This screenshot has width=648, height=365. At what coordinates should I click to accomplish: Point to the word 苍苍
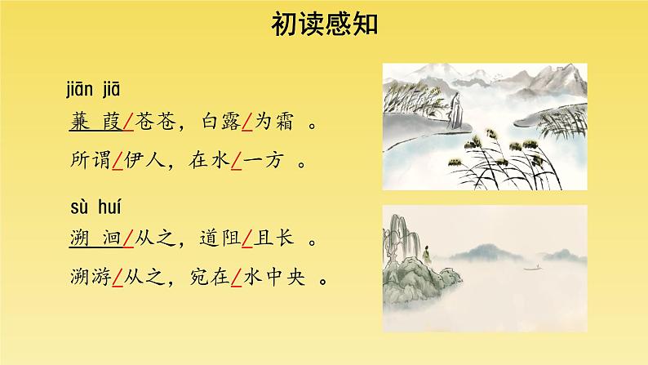click(153, 122)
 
